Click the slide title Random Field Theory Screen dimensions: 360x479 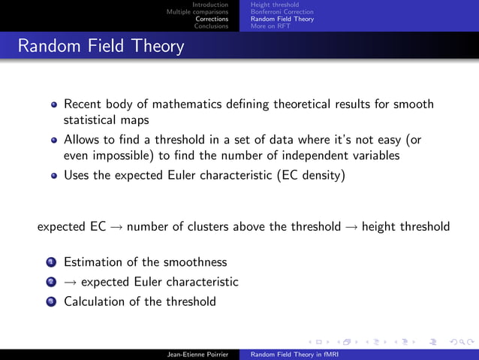[101, 47]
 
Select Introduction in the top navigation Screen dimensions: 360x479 [210, 5]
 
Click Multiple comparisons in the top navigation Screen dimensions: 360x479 [197, 11]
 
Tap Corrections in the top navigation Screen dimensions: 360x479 [212, 18]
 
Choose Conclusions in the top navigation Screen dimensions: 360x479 [211, 25]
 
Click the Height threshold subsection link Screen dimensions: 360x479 [275, 5]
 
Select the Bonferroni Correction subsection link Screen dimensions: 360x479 [282, 11]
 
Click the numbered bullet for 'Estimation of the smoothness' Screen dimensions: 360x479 [51, 262]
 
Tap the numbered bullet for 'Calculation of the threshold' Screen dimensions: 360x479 [51, 301]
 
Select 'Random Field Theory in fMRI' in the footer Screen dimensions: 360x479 [292, 352]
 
